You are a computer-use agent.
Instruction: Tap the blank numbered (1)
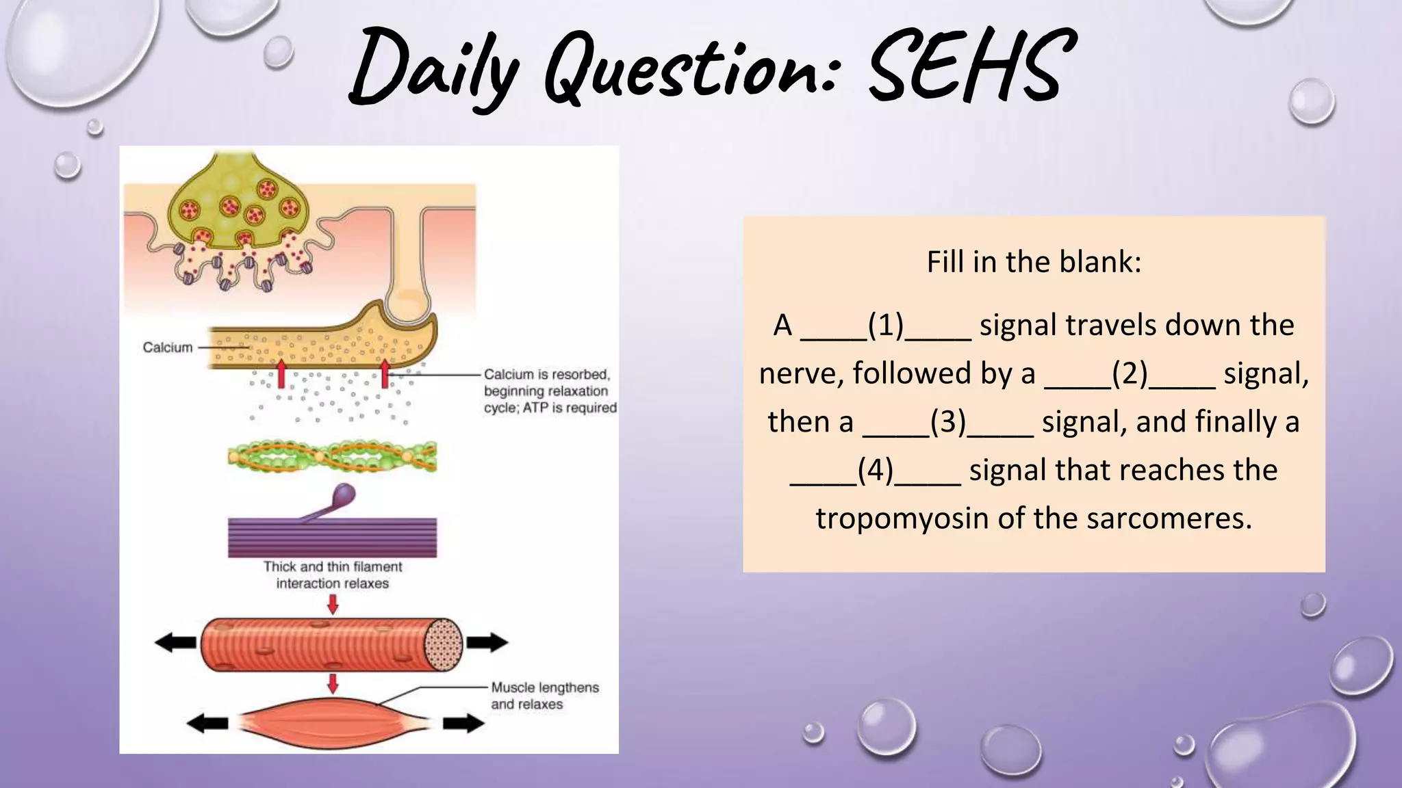(885, 326)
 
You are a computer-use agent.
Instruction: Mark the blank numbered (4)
(875, 471)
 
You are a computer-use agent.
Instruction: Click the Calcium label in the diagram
(167, 347)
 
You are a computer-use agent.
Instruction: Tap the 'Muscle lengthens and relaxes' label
(544, 696)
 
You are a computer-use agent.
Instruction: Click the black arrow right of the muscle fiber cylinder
(487, 642)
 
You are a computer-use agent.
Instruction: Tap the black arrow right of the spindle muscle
(463, 723)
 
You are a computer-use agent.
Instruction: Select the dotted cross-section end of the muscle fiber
(444, 643)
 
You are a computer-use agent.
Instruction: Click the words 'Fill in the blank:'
(1034, 262)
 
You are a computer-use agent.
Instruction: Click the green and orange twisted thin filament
(332, 456)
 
